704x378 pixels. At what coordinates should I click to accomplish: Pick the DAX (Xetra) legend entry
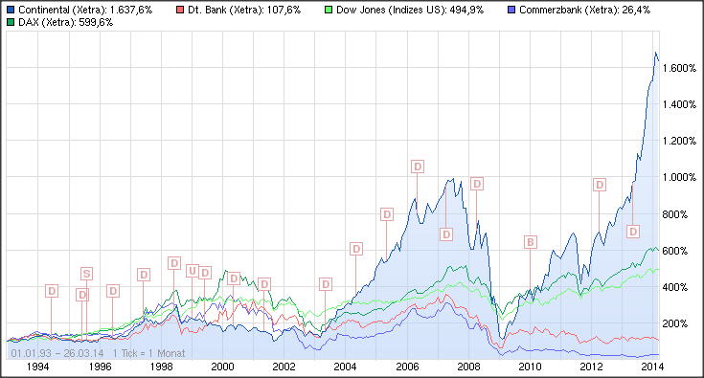tap(59, 21)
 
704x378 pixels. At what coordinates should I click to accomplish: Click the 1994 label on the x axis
tap(37, 367)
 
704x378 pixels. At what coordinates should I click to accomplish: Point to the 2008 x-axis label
tap(468, 367)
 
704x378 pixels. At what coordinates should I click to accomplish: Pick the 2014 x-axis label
tap(653, 367)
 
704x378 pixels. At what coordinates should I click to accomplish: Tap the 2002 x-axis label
tap(284, 367)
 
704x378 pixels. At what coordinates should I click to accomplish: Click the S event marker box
tap(86, 275)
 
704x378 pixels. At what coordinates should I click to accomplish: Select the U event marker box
tap(192, 271)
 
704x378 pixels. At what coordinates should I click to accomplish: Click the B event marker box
tap(530, 242)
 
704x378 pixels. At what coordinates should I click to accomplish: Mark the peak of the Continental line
tap(655, 53)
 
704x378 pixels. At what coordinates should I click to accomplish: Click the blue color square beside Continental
tap(10, 9)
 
